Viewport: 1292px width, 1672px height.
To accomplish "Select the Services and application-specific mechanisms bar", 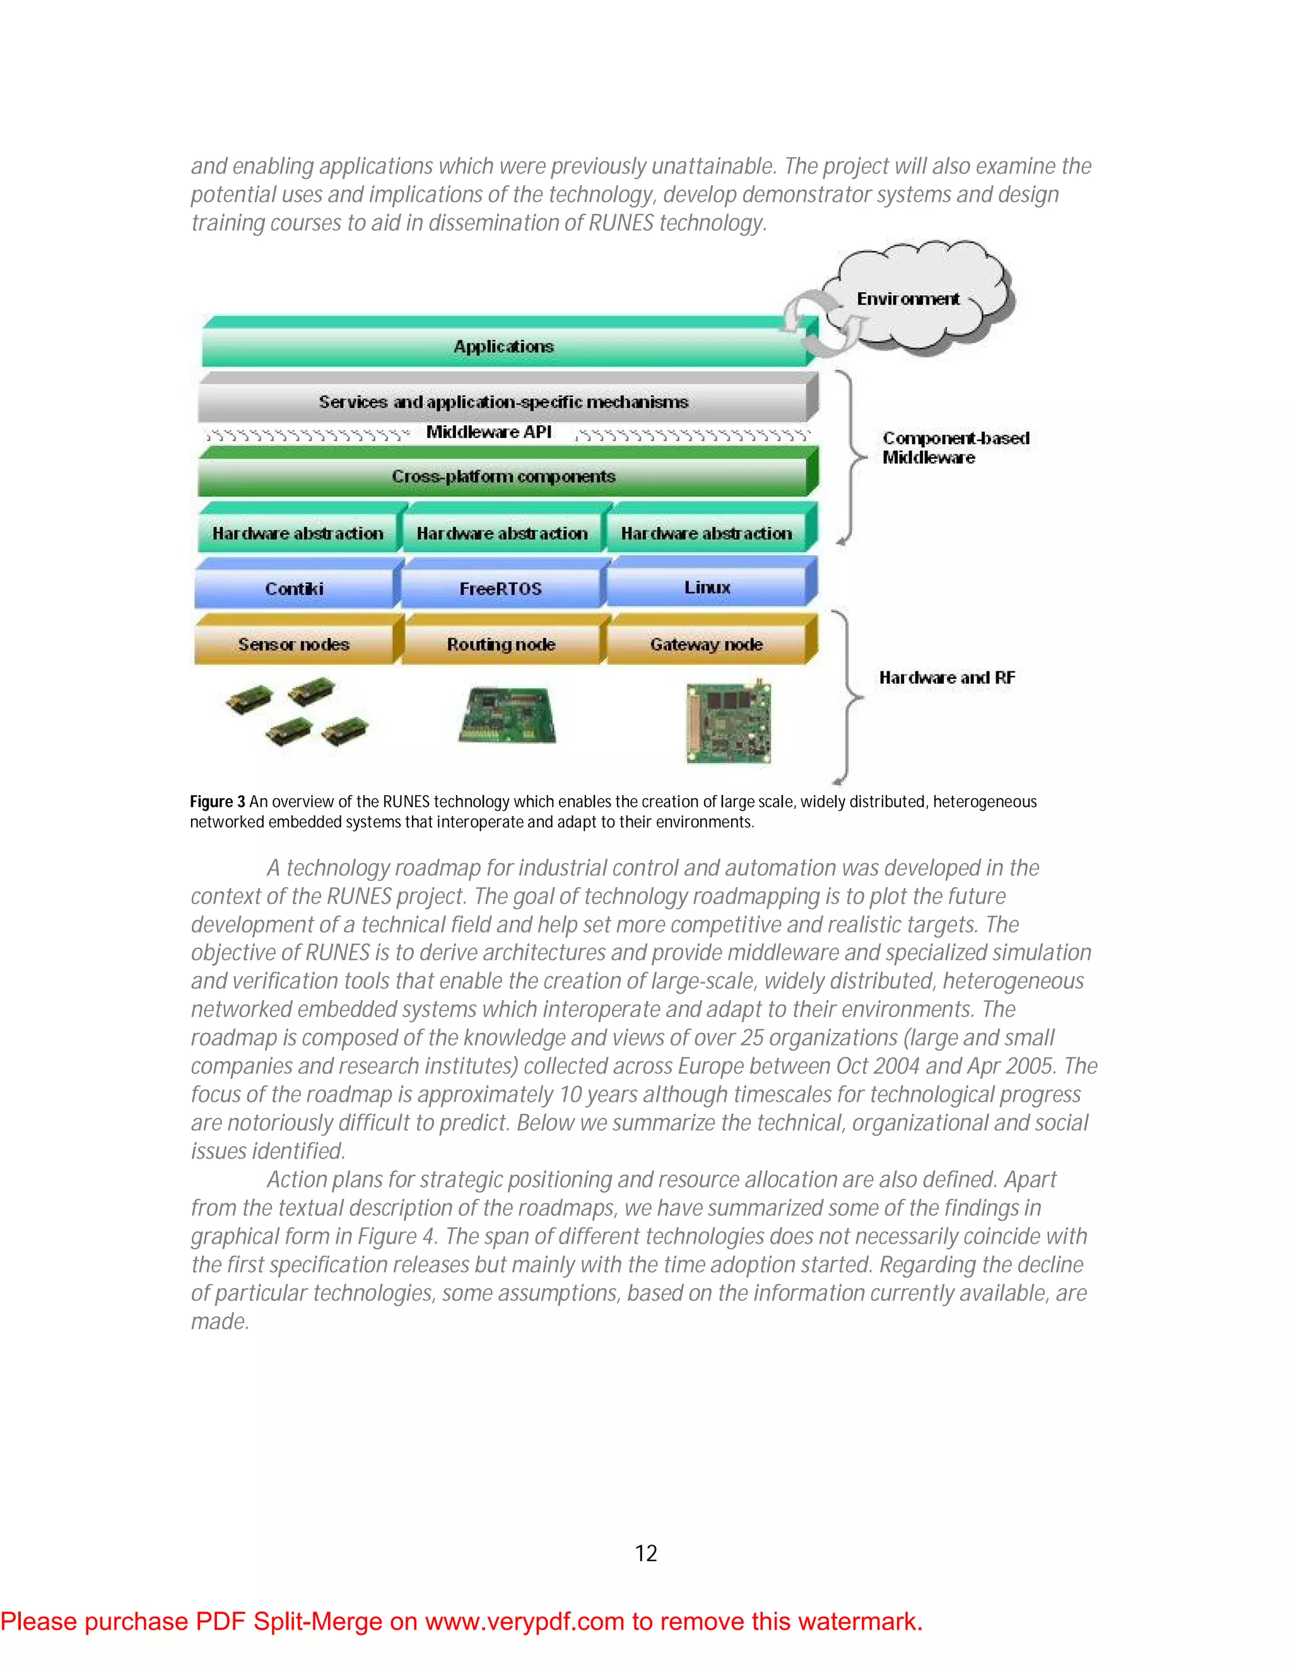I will coord(503,402).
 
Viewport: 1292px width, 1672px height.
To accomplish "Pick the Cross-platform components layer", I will coord(503,476).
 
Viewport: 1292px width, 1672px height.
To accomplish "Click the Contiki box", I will coord(295,589).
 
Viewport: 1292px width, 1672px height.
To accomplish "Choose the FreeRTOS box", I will coord(500,589).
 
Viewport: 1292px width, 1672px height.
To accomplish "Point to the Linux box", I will coord(707,587).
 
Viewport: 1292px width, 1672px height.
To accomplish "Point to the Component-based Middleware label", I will coord(955,448).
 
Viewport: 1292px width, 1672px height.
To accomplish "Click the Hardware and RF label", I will coord(947,678).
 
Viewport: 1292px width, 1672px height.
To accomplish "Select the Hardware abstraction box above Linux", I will coord(707,533).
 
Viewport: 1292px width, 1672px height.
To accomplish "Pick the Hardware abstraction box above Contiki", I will coord(298,533).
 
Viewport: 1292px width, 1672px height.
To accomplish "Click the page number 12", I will coord(646,1553).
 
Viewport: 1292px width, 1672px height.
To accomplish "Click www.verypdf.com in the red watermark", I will coord(524,1622).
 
